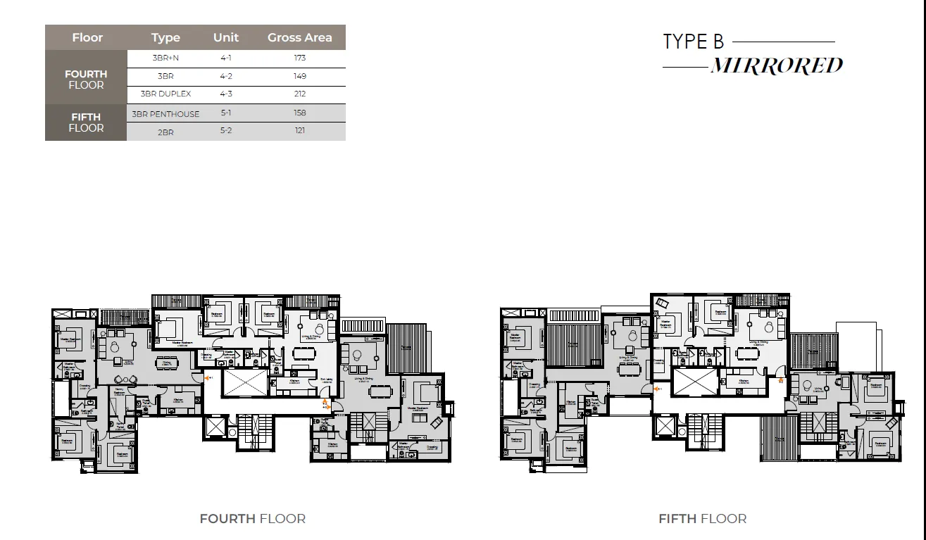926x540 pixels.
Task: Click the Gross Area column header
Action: pyautogui.click(x=299, y=38)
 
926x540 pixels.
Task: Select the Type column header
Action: pyautogui.click(x=165, y=38)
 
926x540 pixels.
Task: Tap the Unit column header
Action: pyautogui.click(x=226, y=38)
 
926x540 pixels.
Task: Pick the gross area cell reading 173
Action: pyautogui.click(x=299, y=58)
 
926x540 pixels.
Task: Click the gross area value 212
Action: pyautogui.click(x=299, y=94)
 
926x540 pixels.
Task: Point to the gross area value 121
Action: pyautogui.click(x=299, y=131)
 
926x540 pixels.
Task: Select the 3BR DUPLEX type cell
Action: pyautogui.click(x=165, y=94)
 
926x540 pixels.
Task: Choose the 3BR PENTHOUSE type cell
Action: pyautogui.click(x=165, y=114)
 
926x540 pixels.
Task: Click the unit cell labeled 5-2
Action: pyautogui.click(x=226, y=131)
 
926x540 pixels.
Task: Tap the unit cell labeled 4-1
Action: pyautogui.click(x=226, y=58)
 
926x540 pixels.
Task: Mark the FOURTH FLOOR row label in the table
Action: pyautogui.click(x=86, y=80)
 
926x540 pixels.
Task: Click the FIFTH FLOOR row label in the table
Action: pyautogui.click(x=86, y=123)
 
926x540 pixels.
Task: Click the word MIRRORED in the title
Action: pyautogui.click(x=776, y=66)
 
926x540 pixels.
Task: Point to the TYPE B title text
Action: pyautogui.click(x=693, y=42)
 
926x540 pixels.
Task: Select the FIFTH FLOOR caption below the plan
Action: pyautogui.click(x=702, y=519)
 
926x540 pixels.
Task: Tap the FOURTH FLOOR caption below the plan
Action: pyautogui.click(x=252, y=519)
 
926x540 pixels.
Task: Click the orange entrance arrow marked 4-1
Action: pyautogui.click(x=208, y=378)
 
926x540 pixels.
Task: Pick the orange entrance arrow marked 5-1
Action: pyautogui.click(x=657, y=388)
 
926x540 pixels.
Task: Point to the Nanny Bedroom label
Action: pyautogui.click(x=120, y=390)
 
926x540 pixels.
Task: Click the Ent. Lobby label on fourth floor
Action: pyautogui.click(x=325, y=380)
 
